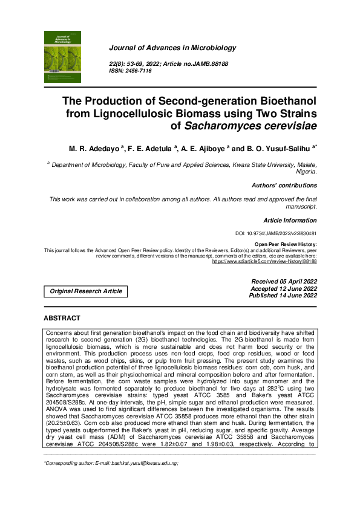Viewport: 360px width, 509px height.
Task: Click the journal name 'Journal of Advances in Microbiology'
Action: (172, 48)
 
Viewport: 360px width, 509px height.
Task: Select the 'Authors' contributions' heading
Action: (284, 186)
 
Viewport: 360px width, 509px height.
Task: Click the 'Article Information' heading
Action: (290, 221)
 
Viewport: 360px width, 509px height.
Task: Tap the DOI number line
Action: (275, 233)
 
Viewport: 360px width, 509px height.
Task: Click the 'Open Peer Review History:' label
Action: (286, 244)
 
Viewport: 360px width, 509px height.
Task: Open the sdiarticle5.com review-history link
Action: (264, 261)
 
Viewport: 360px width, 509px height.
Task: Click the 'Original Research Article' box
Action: (86, 291)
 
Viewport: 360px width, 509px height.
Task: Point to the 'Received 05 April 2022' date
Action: (284, 282)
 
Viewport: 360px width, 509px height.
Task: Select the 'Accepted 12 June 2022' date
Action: (284, 288)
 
